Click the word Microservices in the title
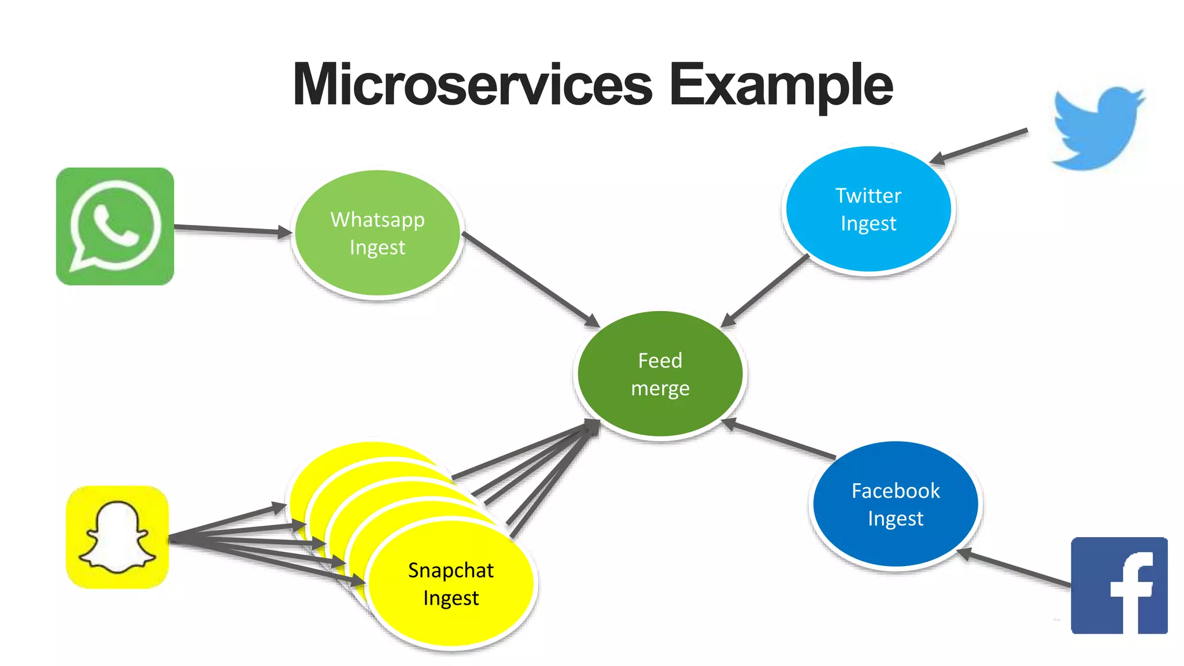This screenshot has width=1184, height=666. pyautogui.click(x=472, y=86)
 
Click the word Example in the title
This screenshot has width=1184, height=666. pyautogui.click(x=780, y=86)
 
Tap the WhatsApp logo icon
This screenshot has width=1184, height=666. pyautogui.click(x=115, y=226)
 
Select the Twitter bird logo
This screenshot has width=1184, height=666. pyautogui.click(x=1097, y=128)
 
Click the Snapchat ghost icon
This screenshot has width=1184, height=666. pyautogui.click(x=117, y=537)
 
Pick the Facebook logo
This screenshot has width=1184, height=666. pyautogui.click(x=1119, y=585)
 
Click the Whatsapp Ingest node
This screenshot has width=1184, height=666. pyautogui.click(x=378, y=234)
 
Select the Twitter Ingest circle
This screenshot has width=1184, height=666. pyautogui.click(x=868, y=209)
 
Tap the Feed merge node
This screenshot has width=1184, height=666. pyautogui.click(x=660, y=374)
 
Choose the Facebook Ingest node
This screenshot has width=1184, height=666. pyautogui.click(x=896, y=504)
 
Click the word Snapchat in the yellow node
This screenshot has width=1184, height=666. pyautogui.click(x=450, y=571)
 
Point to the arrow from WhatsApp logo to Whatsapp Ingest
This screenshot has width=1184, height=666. pyautogui.click(x=231, y=230)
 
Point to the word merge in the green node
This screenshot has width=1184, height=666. pyautogui.click(x=660, y=388)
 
